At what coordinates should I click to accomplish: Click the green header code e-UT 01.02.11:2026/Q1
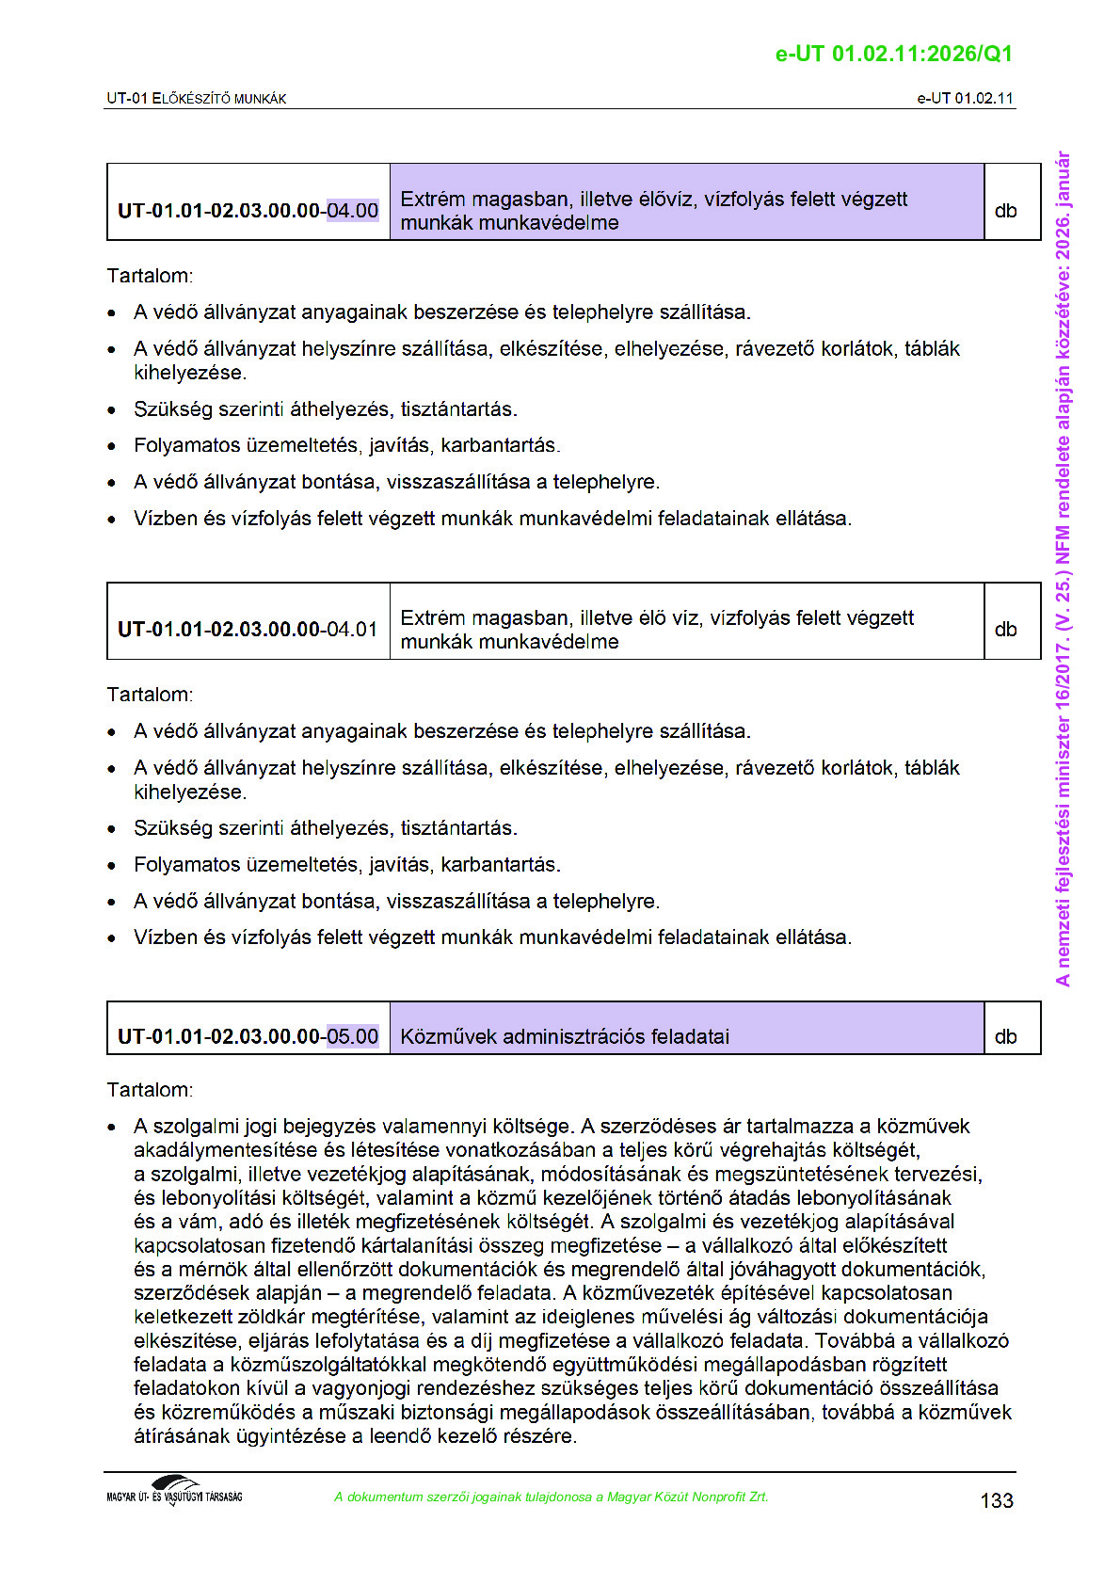point(893,54)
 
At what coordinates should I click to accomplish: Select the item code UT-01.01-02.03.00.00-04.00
point(248,210)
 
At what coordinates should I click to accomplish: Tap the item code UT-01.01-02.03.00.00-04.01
point(248,629)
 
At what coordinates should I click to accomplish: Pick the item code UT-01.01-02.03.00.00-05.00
point(248,1036)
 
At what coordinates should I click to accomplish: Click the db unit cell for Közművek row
point(1005,1036)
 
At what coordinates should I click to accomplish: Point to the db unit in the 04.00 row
point(1005,211)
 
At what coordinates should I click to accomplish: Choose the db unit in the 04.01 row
point(1005,629)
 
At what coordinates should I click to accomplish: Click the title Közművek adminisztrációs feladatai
point(565,1036)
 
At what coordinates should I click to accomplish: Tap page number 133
point(996,1500)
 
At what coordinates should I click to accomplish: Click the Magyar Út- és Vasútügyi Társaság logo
point(174,1491)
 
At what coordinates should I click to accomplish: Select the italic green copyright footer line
point(551,1497)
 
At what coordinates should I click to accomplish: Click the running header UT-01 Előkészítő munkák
point(196,98)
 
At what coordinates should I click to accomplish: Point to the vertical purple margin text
point(1063,568)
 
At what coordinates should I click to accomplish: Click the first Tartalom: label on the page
point(150,276)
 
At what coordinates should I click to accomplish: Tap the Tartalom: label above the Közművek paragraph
point(150,1090)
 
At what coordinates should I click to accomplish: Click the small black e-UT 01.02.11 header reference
point(965,98)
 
